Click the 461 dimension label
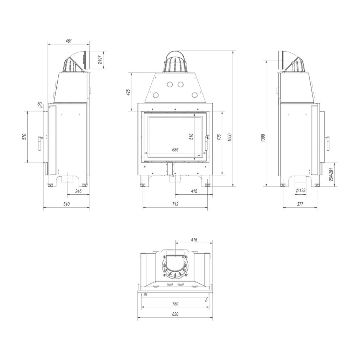[69, 41]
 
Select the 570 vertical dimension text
[24, 137]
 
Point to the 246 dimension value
[78, 191]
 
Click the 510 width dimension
[66, 204]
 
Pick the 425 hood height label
[128, 92]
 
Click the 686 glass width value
[175, 150]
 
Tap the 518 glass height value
[191, 137]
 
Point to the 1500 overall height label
[230, 137]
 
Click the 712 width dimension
[175, 204]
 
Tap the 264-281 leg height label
[331, 174]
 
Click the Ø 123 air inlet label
[300, 190]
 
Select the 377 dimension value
[300, 204]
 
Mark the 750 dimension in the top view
[175, 304]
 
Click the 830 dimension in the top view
[175, 314]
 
